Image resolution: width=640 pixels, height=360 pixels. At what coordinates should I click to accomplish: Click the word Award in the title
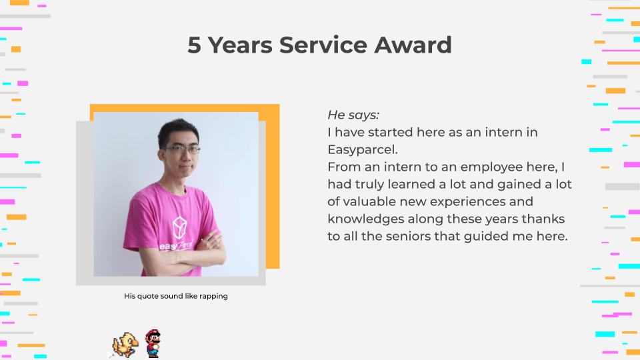[413, 45]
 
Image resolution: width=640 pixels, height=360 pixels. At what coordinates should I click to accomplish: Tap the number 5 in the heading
[194, 45]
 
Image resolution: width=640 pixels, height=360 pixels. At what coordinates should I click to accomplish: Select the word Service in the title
[323, 45]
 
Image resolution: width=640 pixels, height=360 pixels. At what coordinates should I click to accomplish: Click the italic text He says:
[353, 115]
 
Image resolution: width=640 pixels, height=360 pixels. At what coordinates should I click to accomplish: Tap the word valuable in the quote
[369, 201]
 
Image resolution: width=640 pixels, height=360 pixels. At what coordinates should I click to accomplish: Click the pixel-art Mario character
[153, 343]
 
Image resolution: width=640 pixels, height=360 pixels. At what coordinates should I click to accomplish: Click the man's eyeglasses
[181, 150]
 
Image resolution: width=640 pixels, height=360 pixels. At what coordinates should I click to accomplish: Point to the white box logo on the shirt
[179, 227]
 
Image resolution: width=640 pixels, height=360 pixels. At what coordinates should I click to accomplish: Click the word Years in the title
[241, 45]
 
